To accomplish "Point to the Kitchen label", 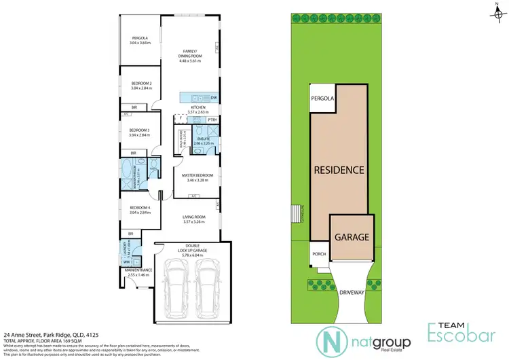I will [198, 110].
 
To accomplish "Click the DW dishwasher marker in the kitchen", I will [213, 98].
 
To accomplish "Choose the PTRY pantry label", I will [212, 120].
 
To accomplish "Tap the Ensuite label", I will [203, 141].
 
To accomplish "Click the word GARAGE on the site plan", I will [351, 238].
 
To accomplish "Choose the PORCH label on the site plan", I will [320, 255].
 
